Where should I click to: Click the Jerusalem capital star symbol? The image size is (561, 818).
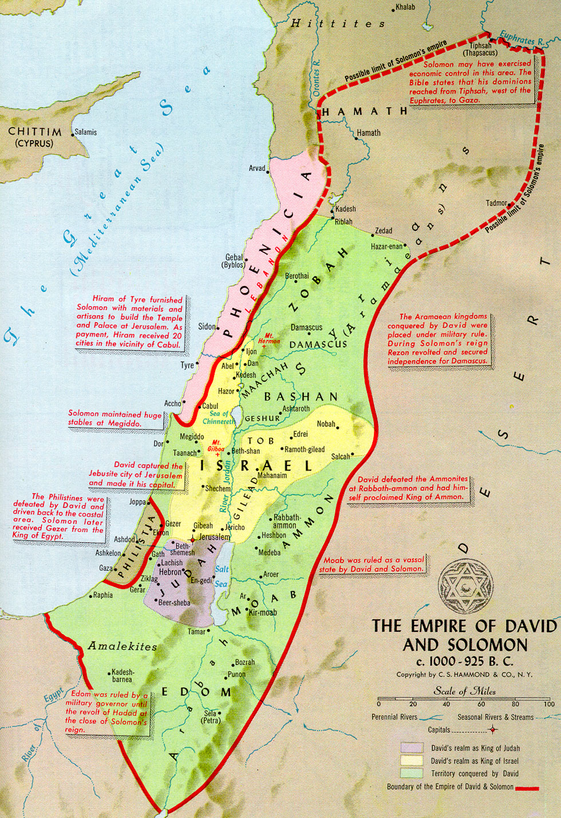(x=193, y=539)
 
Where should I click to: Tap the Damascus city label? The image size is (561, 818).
(x=306, y=327)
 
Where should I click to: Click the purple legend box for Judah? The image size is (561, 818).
(x=412, y=748)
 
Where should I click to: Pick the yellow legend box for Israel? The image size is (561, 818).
(x=412, y=761)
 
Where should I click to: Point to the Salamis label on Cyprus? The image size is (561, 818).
(x=86, y=132)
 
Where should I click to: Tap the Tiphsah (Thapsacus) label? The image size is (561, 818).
(x=480, y=49)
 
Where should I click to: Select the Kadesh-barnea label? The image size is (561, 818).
(x=123, y=675)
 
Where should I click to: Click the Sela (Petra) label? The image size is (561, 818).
(x=211, y=717)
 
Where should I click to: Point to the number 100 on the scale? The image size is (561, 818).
(x=549, y=704)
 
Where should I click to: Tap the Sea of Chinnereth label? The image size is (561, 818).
(x=219, y=417)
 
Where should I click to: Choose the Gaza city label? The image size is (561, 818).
(x=105, y=568)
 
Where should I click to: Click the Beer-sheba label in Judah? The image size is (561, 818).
(x=175, y=602)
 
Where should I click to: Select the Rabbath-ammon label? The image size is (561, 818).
(x=286, y=521)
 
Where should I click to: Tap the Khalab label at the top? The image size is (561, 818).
(x=405, y=7)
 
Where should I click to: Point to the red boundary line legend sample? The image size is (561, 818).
(x=527, y=788)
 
